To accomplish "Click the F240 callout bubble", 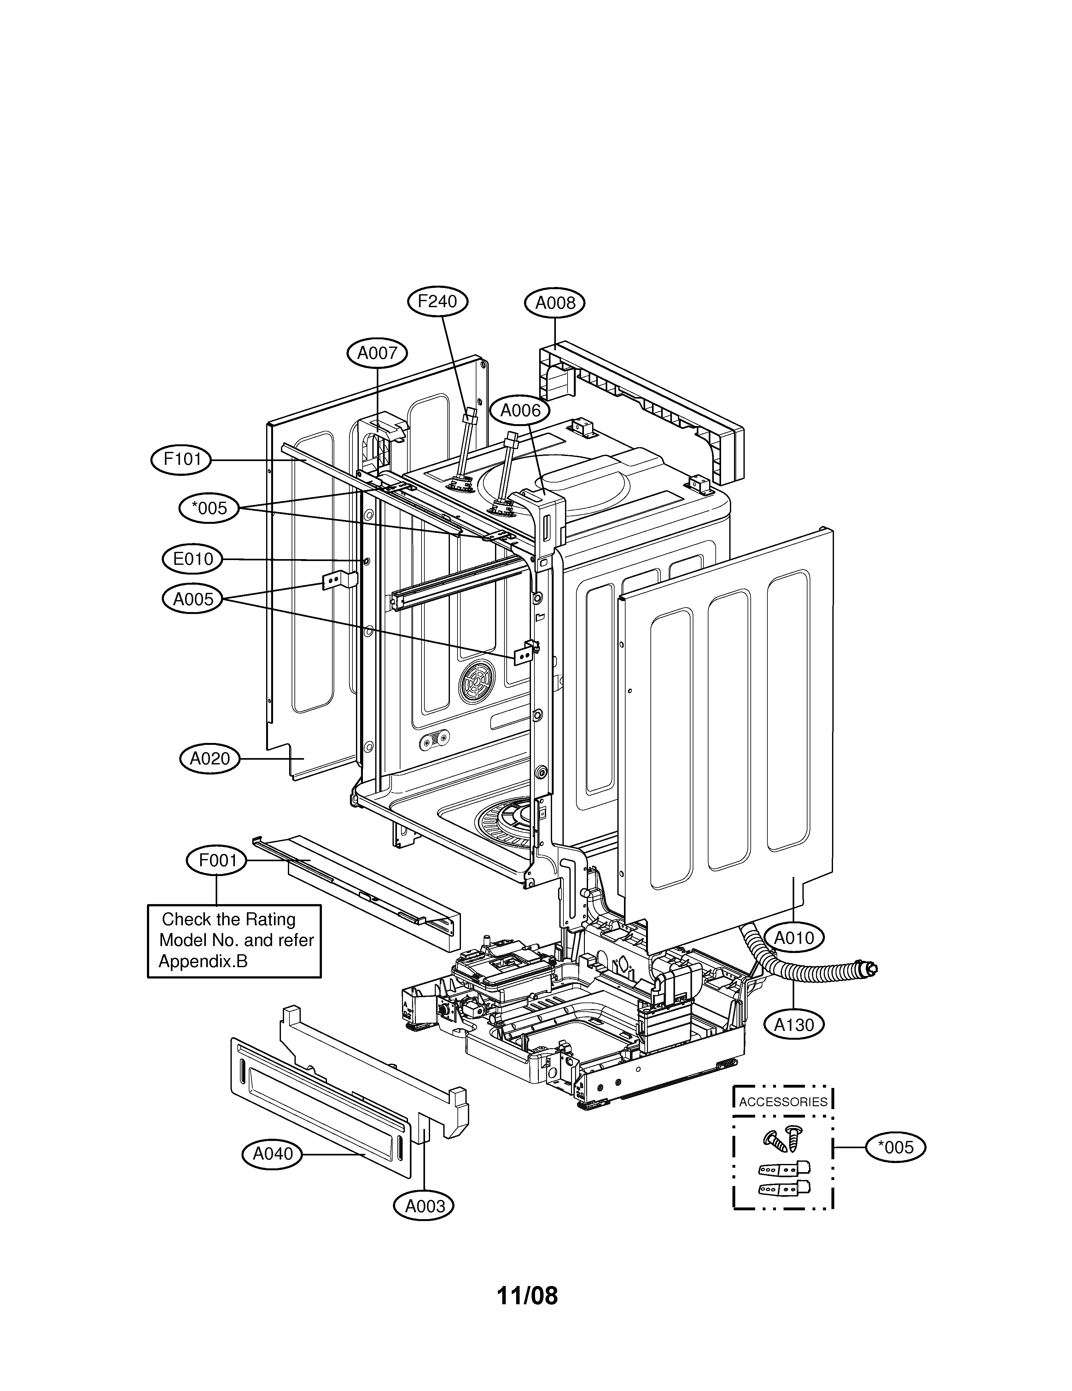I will point(438,301).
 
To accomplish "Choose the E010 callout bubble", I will point(192,559).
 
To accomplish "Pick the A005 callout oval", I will point(193,599).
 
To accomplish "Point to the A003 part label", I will point(425,1206).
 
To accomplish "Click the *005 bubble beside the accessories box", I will point(895,1148).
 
